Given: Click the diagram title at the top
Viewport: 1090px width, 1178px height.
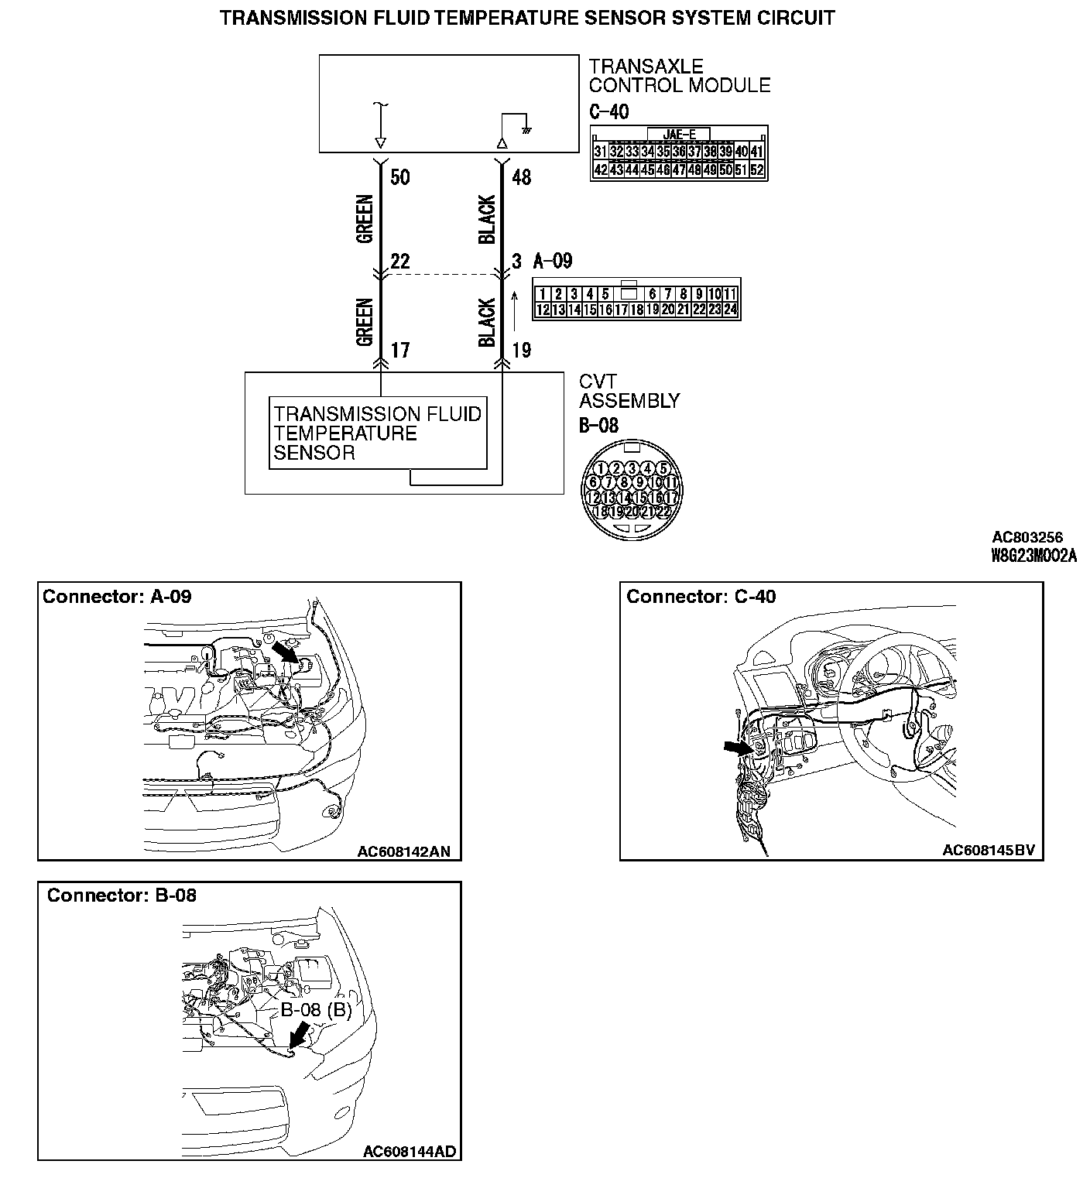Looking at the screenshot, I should tap(527, 18).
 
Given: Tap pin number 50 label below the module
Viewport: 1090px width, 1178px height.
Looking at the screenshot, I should tap(399, 177).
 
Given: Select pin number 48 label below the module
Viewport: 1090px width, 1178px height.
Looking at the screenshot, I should tap(522, 177).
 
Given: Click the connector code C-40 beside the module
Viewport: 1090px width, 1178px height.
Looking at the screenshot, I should tap(608, 111).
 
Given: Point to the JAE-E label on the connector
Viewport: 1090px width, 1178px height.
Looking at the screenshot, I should tap(679, 134).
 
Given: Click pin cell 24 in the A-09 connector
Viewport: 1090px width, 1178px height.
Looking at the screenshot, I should tap(730, 310).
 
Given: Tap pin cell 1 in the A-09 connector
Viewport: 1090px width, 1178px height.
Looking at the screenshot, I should tap(543, 294).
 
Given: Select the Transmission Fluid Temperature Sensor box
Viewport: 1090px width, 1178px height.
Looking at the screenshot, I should tap(378, 433).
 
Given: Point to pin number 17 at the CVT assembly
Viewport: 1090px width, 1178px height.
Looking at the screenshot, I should tap(399, 351).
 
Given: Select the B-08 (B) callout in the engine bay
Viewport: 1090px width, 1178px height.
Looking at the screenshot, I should tap(316, 1009).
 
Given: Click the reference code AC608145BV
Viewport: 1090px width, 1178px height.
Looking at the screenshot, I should tap(988, 851).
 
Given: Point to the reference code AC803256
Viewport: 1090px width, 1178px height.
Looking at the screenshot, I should tap(1027, 537).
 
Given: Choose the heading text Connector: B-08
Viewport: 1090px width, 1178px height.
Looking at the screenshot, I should tap(122, 895).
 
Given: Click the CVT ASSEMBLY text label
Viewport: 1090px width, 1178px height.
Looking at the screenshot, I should tap(629, 392).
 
